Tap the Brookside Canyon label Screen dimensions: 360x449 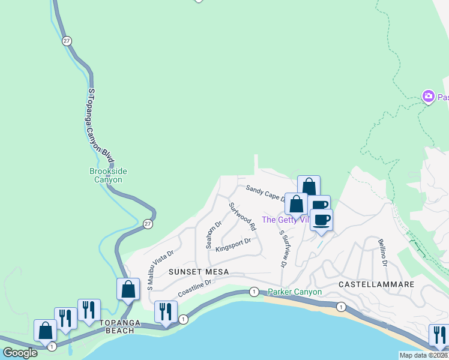(x=108, y=175)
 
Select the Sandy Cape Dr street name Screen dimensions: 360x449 (x=264, y=194)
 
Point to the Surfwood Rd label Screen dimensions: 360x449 (x=243, y=216)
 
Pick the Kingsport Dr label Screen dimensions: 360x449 (x=233, y=245)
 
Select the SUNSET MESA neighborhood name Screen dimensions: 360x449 (x=190, y=272)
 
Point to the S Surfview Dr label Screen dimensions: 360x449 (x=282, y=249)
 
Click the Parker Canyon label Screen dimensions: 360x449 (x=295, y=292)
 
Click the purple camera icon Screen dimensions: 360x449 (x=428, y=96)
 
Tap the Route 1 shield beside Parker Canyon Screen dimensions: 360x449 (x=255, y=292)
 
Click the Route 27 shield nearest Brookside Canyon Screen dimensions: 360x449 (x=148, y=223)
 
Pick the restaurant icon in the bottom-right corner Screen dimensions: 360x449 (x=439, y=334)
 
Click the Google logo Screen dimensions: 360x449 (x=20, y=352)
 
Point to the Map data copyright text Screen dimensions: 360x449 (x=423, y=355)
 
